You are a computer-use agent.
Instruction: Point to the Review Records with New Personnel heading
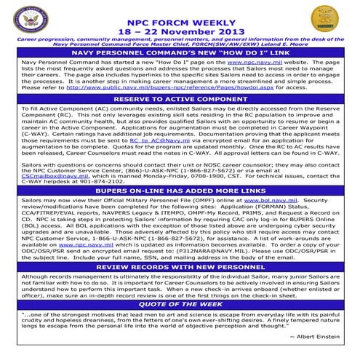click(x=180, y=267)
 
